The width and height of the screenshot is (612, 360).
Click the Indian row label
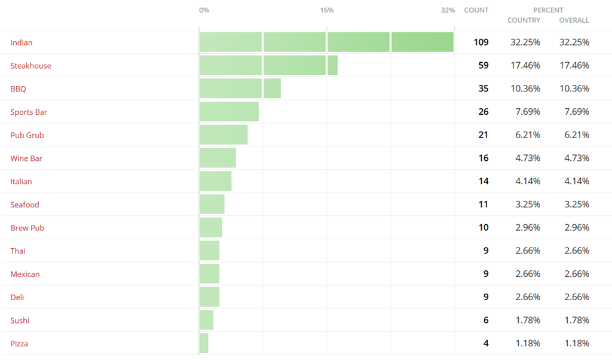click(x=22, y=42)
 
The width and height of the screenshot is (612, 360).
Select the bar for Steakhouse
click(x=268, y=65)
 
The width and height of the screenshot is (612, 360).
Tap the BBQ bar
click(x=240, y=89)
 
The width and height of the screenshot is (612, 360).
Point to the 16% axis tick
click(x=327, y=10)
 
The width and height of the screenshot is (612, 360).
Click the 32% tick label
click(x=448, y=10)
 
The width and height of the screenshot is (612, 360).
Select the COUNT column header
click(x=476, y=10)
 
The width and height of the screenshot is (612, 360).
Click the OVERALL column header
click(x=574, y=20)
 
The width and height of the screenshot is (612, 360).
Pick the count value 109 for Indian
click(x=481, y=42)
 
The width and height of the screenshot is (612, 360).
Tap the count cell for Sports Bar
click(x=483, y=112)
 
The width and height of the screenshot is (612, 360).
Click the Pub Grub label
click(x=27, y=135)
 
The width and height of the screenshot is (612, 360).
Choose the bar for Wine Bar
click(x=218, y=158)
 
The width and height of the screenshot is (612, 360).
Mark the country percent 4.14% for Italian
click(x=528, y=181)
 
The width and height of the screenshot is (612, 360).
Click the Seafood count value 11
click(x=483, y=205)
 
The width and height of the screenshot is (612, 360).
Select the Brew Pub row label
click(x=27, y=228)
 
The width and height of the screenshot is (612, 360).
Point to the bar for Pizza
click(x=204, y=343)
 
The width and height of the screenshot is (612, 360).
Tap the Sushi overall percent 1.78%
click(x=577, y=320)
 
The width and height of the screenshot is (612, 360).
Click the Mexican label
click(x=25, y=274)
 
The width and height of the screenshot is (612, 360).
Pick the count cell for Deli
click(x=486, y=297)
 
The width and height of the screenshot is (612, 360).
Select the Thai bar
click(x=209, y=251)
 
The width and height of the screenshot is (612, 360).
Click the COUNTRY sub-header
click(x=524, y=20)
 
